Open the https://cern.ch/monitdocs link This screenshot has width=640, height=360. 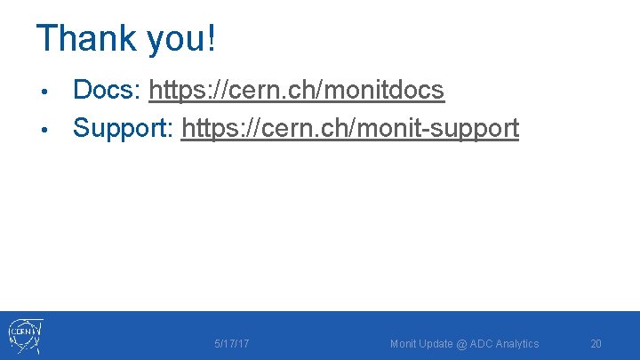click(297, 90)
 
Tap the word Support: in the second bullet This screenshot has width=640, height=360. click(124, 128)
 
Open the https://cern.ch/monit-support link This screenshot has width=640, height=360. click(349, 128)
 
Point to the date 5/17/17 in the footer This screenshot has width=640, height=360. click(231, 344)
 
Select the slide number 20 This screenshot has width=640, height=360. click(596, 344)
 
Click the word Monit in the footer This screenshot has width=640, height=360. click(403, 344)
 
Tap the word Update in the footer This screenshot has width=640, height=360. click(436, 344)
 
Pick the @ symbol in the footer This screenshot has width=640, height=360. click(462, 344)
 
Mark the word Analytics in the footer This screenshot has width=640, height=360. click(517, 344)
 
